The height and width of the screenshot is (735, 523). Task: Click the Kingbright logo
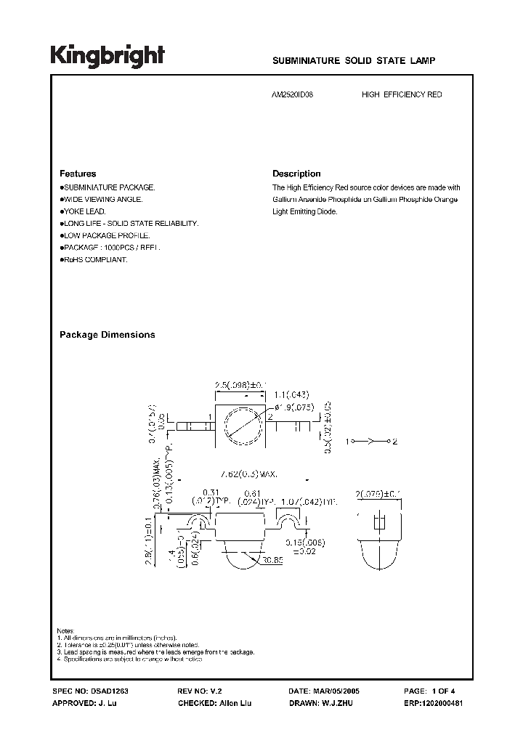pos(108,56)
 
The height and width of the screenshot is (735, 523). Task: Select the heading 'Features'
pos(78,174)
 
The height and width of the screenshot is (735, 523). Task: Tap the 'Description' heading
pos(296,174)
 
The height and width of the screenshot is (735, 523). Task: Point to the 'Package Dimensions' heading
pos(107,335)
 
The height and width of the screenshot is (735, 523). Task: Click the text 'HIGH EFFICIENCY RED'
pos(402,95)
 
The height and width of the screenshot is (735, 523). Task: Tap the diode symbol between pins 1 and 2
pos(370,441)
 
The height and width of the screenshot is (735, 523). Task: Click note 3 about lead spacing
pos(155,652)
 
